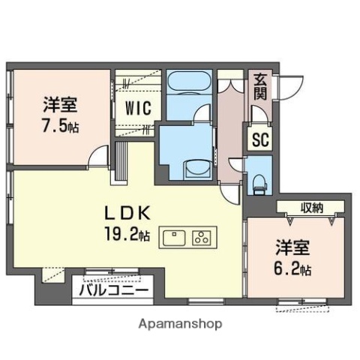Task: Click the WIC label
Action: tap(138, 107)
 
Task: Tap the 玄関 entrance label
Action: tap(259, 87)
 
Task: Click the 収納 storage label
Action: tap(313, 208)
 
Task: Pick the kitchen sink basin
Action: tap(173, 239)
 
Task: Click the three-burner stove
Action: tap(202, 239)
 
